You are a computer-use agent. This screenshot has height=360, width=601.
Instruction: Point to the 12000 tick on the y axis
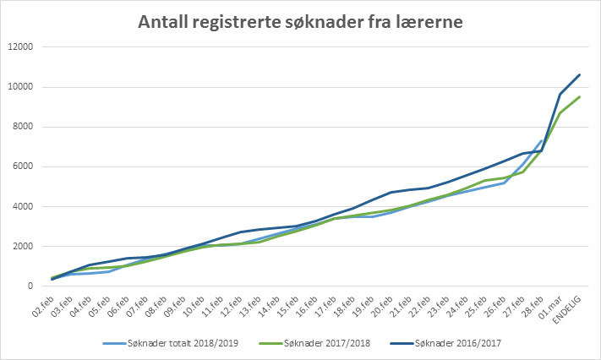[19, 46]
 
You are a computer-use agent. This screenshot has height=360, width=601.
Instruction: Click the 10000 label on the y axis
[19, 87]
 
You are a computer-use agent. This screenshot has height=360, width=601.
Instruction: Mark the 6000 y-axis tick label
[21, 166]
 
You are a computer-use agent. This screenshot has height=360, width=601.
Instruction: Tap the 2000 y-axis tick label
[21, 247]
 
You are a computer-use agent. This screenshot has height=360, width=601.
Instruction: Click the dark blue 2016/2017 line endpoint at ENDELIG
[580, 74]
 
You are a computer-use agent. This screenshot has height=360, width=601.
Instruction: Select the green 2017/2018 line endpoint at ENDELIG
[580, 96]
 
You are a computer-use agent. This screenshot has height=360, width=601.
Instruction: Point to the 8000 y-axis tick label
[21, 127]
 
